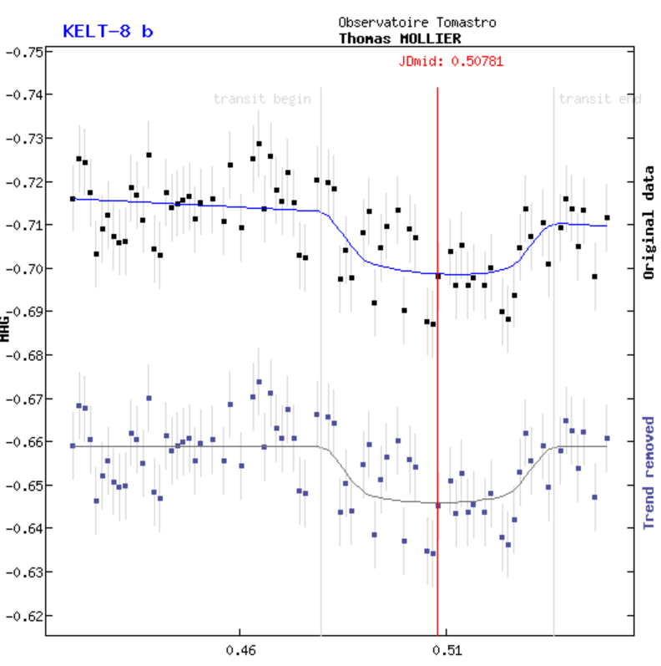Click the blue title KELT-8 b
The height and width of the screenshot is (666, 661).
click(x=108, y=32)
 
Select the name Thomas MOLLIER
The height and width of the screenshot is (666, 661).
click(x=400, y=38)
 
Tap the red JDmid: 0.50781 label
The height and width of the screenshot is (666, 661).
click(x=451, y=61)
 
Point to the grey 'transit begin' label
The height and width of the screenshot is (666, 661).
click(x=262, y=99)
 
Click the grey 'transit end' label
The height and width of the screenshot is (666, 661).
click(x=599, y=99)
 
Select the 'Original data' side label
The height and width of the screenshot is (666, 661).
click(x=648, y=222)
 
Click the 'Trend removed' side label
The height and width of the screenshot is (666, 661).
click(x=648, y=472)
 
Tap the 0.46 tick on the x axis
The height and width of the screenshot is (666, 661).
click(x=240, y=649)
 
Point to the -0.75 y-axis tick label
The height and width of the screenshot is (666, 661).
click(x=24, y=52)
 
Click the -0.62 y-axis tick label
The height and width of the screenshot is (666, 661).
click(x=24, y=616)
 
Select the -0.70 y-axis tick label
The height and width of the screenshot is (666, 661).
click(x=24, y=268)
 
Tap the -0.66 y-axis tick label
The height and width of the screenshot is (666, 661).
click(x=24, y=442)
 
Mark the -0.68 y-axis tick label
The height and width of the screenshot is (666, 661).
click(x=24, y=355)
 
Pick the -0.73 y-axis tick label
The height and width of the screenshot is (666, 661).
click(x=24, y=138)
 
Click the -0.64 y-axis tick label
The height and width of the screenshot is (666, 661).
click(x=24, y=529)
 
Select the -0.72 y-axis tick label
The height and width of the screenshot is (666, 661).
click(x=24, y=181)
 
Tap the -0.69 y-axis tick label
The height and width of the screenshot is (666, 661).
click(x=24, y=312)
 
